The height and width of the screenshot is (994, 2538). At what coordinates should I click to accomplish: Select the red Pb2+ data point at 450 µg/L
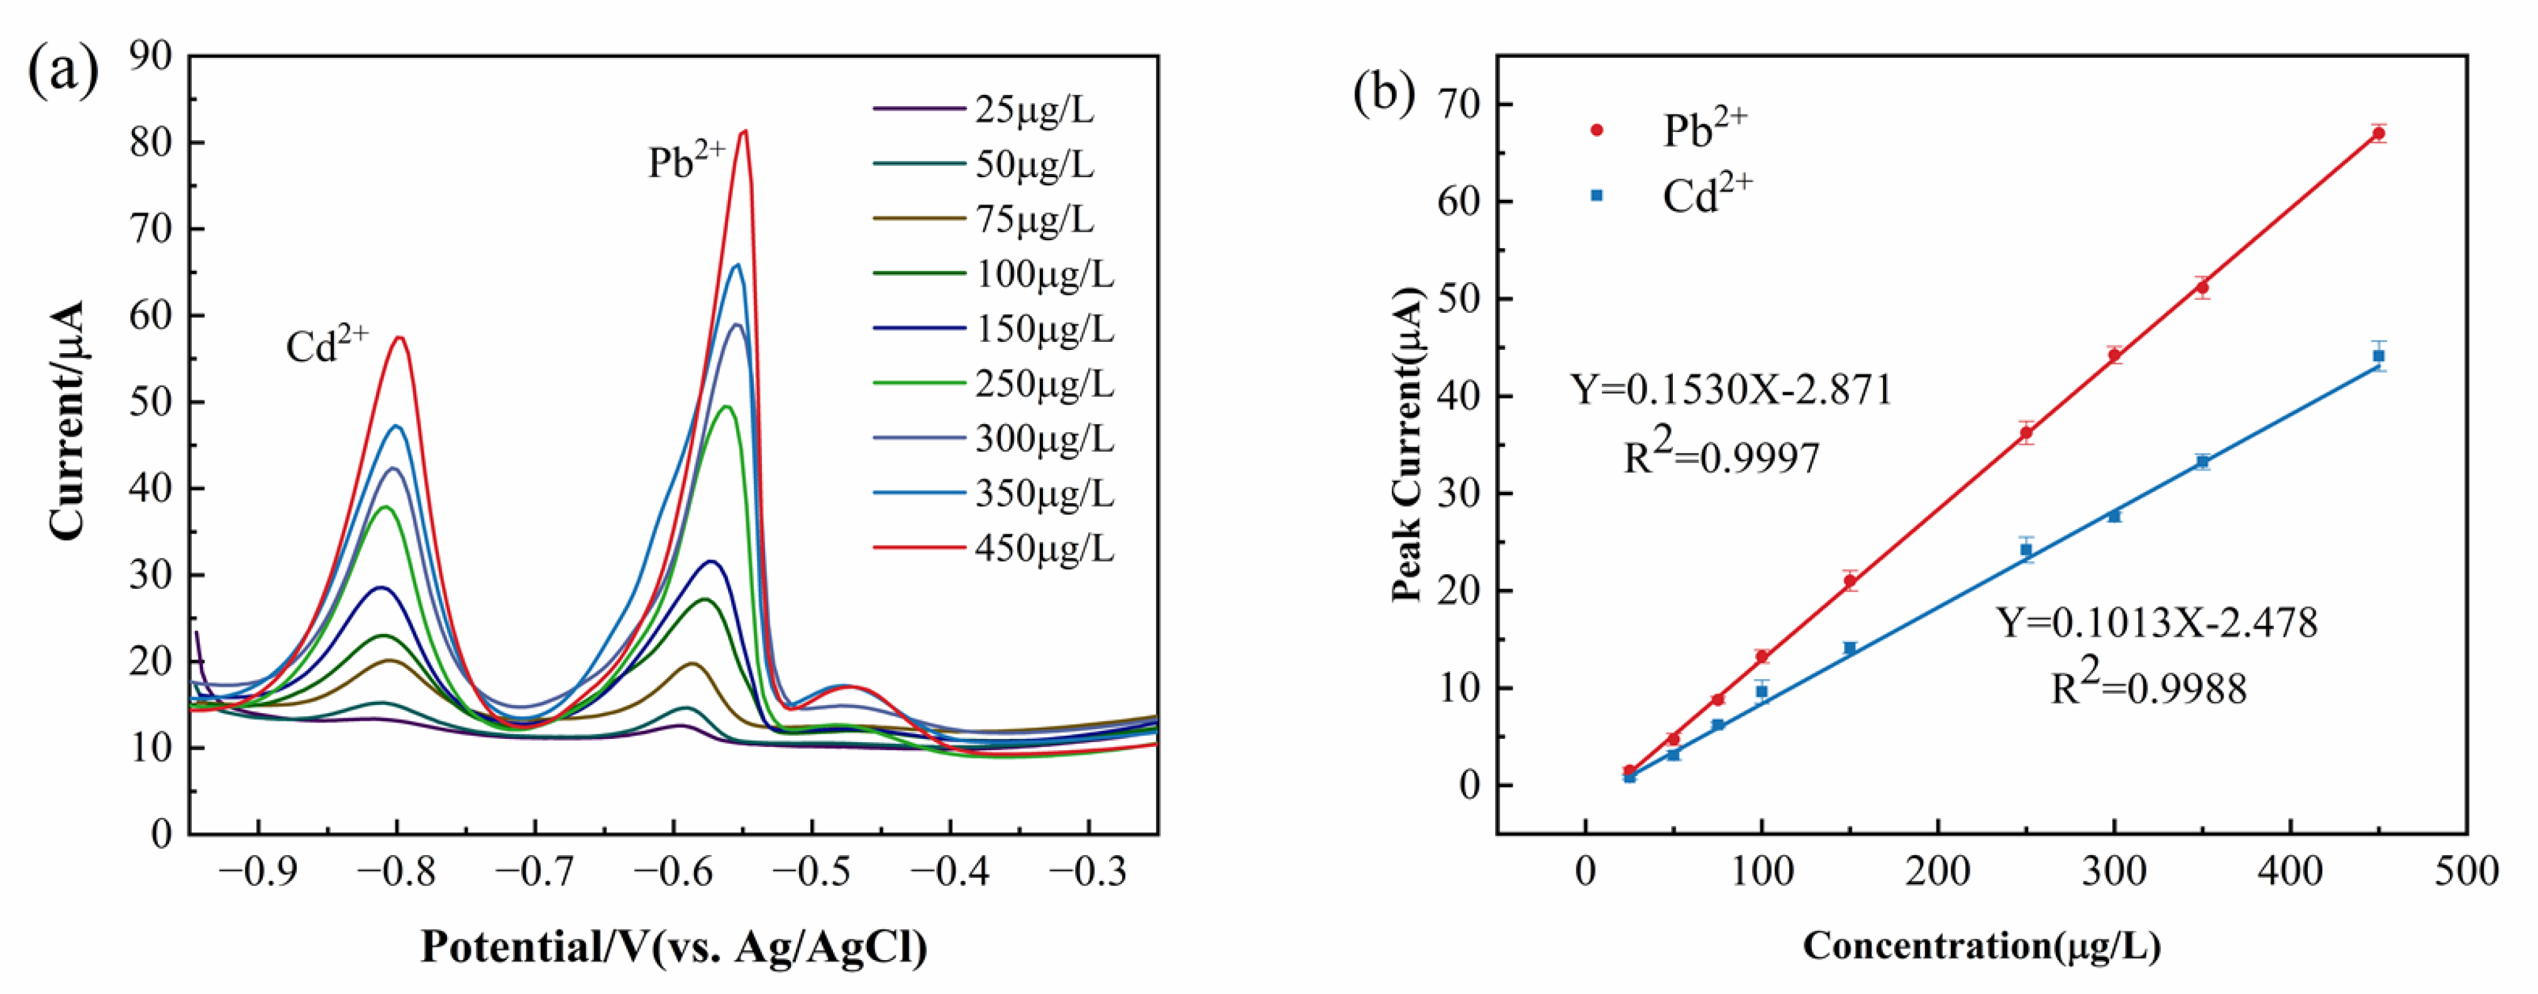[2378, 133]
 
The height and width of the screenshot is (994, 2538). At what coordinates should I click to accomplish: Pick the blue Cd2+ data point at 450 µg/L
[2378, 356]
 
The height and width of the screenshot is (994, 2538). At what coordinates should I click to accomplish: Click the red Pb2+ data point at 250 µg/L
[2026, 432]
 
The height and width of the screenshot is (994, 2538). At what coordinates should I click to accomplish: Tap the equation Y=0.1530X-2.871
[1731, 390]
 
